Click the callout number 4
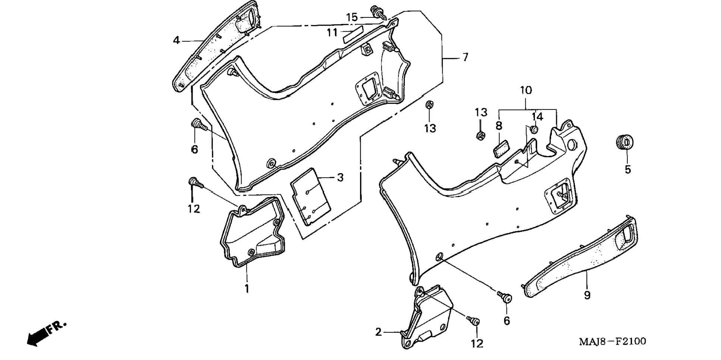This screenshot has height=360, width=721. click(176, 40)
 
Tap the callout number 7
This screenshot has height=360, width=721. click(465, 57)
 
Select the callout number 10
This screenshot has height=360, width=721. click(526, 91)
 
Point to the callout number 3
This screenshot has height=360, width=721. click(340, 178)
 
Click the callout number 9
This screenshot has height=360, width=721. click(587, 296)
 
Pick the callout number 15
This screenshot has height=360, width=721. click(352, 18)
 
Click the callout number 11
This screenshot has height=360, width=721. click(332, 33)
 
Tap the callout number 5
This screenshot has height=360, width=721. click(628, 170)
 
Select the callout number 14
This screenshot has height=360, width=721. click(537, 117)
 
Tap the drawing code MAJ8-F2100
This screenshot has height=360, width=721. click(613, 341)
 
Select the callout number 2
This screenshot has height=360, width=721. click(378, 332)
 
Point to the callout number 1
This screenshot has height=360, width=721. click(246, 288)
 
